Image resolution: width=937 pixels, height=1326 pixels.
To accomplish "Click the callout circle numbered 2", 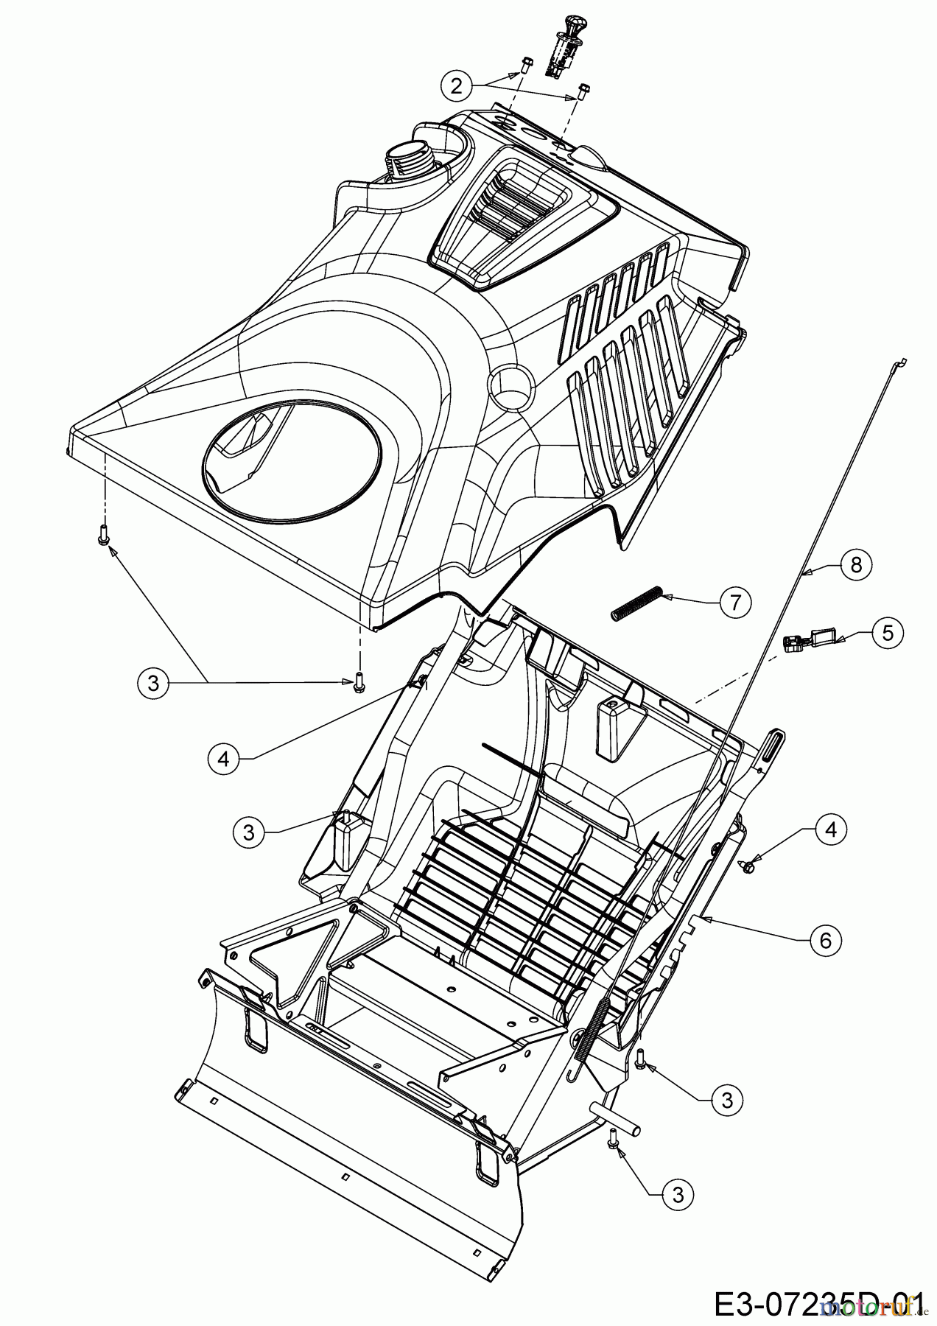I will pos(457,86).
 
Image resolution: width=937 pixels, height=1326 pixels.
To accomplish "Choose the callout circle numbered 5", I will pos(888,633).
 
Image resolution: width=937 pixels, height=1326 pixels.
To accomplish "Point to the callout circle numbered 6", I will pos(825,940).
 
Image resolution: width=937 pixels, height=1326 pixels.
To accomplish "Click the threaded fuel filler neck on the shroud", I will pos(402,160).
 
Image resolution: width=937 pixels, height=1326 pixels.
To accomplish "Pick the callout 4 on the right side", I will pos(831,830).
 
